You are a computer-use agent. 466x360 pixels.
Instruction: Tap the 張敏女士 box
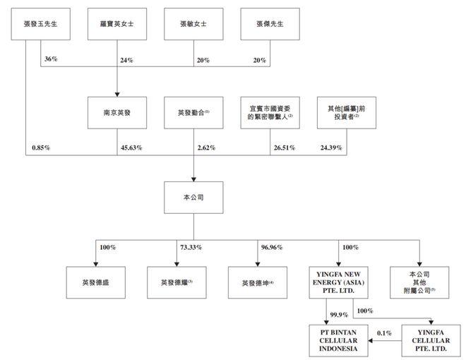point(193,24)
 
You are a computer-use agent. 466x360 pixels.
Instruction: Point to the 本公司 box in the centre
point(193,198)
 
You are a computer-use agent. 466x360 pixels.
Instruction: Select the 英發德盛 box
point(95,282)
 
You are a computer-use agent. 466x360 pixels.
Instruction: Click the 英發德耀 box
point(177,282)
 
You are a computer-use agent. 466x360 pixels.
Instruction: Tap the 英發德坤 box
point(258,282)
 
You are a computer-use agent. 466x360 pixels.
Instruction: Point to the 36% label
point(51,60)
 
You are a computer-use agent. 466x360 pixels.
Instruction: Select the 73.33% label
point(192,248)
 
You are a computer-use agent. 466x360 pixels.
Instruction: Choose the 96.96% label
point(272,248)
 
